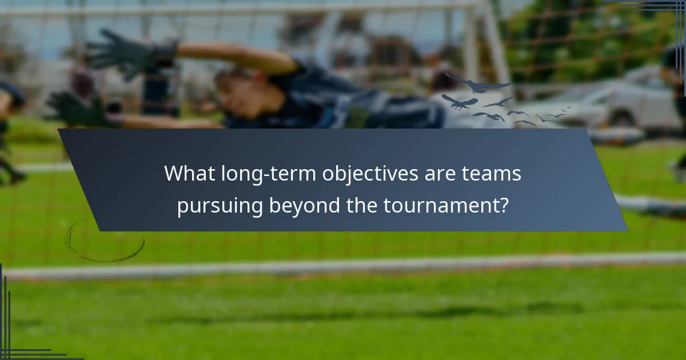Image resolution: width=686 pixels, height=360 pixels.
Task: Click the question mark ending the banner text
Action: coord(502,206)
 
